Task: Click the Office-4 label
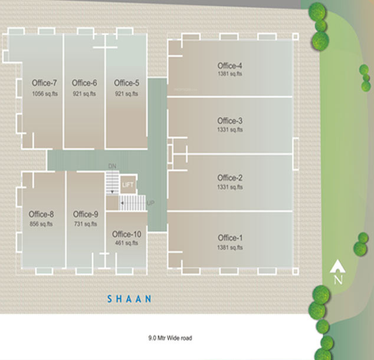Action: pyautogui.click(x=229, y=65)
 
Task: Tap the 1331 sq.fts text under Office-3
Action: pyautogui.click(x=229, y=130)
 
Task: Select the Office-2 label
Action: pyautogui.click(x=229, y=178)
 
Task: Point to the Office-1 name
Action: pyautogui.click(x=229, y=238)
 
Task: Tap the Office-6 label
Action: pyautogui.click(x=84, y=83)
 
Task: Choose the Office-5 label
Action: pyautogui.click(x=126, y=83)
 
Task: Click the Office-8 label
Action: pyautogui.click(x=41, y=214)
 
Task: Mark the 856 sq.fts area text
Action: pyautogui.click(x=41, y=224)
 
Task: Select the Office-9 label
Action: pyautogui.click(x=86, y=214)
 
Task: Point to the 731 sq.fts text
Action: pyautogui.click(x=86, y=224)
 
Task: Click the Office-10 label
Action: pyautogui.click(x=126, y=234)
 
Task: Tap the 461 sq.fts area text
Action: pyautogui.click(x=126, y=243)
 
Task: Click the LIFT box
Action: pyautogui.click(x=128, y=185)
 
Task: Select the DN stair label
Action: pyautogui.click(x=113, y=167)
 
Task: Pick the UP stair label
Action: pyautogui.click(x=150, y=203)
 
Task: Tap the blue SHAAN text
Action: pyautogui.click(x=129, y=299)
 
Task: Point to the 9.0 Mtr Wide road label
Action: pyautogui.click(x=170, y=338)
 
